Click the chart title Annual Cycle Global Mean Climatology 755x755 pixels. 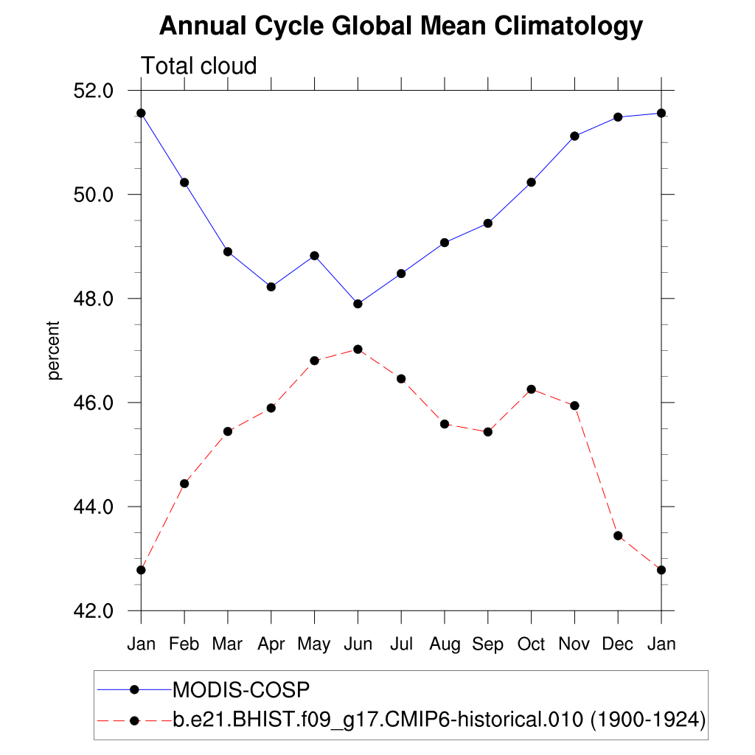click(401, 27)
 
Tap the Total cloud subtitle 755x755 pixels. click(198, 66)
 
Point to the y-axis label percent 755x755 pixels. click(53, 350)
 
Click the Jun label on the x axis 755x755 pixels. click(358, 644)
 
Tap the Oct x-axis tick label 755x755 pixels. click(531, 644)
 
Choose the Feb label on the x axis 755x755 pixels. click(184, 644)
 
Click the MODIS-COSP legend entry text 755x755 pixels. click(240, 689)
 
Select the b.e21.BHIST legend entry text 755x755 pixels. click(439, 719)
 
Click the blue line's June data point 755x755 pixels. click(358, 304)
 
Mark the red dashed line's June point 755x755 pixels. click(358, 349)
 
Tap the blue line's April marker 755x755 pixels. click(271, 287)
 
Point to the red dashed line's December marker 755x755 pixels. click(618, 535)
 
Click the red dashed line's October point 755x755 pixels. click(531, 389)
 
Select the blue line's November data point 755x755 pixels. click(574, 136)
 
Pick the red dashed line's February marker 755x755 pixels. click(184, 484)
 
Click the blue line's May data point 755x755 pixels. click(314, 256)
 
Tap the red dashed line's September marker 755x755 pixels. click(487, 432)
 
